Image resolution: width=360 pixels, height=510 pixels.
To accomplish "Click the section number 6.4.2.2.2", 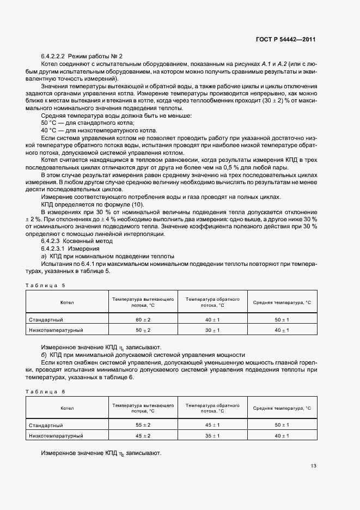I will [x=53, y=56].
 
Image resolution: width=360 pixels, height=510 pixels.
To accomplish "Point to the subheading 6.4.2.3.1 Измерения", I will [x=68, y=248].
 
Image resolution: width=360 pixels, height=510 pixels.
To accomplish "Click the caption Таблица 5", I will [x=45, y=285].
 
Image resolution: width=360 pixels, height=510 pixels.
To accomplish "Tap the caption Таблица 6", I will [x=45, y=391].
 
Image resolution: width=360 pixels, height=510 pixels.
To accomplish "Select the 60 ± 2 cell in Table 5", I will [x=143, y=319].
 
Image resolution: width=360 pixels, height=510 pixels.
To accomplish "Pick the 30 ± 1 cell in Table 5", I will [x=212, y=330].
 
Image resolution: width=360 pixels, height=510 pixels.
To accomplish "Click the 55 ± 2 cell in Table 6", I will [x=143, y=425].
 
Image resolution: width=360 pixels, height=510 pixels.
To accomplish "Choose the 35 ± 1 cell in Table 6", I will [x=212, y=436].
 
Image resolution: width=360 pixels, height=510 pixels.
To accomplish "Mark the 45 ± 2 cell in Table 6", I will [x=143, y=436].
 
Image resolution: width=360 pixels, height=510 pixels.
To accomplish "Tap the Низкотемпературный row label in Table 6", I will [x=56, y=436].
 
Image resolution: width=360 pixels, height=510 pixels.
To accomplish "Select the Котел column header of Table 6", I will [x=68, y=408].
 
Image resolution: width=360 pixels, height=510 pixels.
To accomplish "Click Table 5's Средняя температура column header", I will [x=282, y=302].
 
